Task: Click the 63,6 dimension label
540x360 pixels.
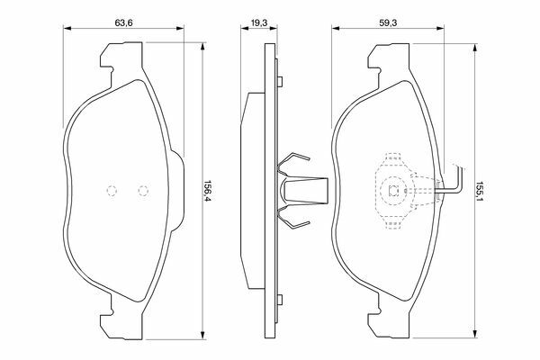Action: tap(123, 22)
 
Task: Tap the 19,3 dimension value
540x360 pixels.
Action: tap(259, 22)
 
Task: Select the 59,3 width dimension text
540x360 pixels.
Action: tap(388, 22)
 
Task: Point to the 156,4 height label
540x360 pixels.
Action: tap(208, 191)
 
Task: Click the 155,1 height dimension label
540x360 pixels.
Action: tap(479, 192)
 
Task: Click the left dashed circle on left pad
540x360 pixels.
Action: tap(112, 191)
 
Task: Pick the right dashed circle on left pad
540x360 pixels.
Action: tap(143, 191)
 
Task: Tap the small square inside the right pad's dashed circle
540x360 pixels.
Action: tap(393, 191)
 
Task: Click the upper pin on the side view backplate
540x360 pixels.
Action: tap(280, 82)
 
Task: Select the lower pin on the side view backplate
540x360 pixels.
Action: tap(280, 300)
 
